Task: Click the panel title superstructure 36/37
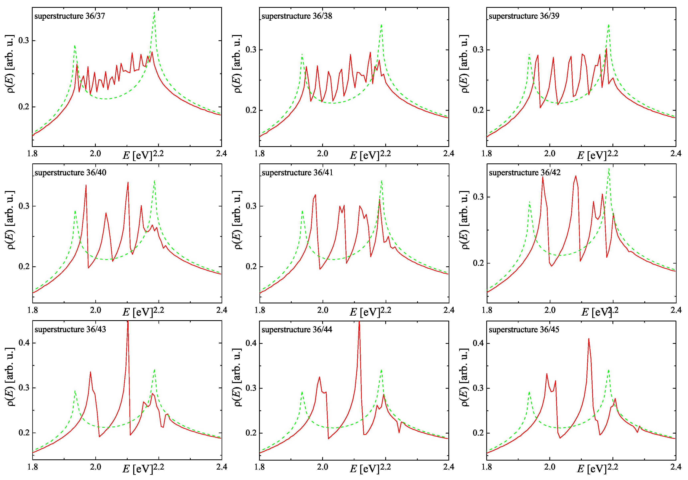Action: pos(70,16)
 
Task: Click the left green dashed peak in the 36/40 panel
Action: pos(75,211)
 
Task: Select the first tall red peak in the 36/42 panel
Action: pos(543,177)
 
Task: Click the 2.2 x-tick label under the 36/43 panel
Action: pos(158,467)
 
